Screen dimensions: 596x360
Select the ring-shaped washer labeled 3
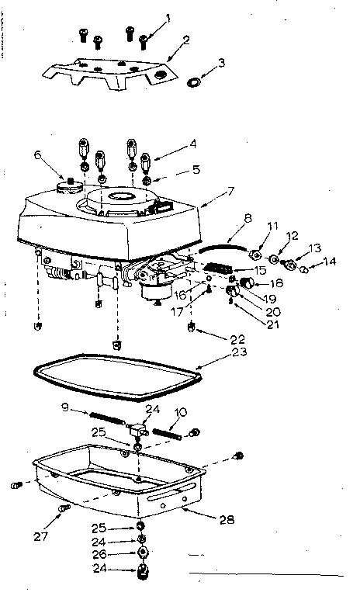tap(194, 81)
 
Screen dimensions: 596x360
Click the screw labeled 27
tap(64, 510)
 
